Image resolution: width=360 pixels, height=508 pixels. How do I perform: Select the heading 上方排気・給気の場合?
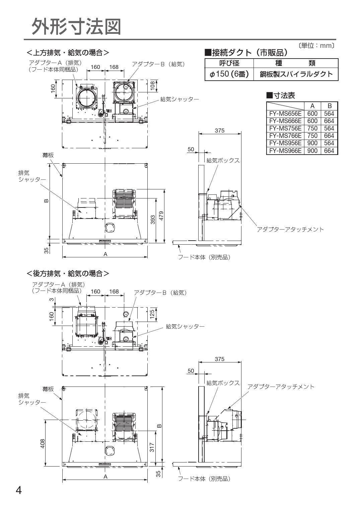click(x=68, y=53)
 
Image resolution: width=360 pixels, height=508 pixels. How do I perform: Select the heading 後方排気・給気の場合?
click(x=68, y=273)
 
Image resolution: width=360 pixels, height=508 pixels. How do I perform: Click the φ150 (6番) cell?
click(x=229, y=74)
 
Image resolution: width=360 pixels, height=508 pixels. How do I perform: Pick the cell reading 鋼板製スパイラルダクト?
click(x=296, y=74)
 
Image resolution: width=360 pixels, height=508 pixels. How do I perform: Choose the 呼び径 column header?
click(x=229, y=63)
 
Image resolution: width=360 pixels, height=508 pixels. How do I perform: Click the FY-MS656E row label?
click(x=285, y=114)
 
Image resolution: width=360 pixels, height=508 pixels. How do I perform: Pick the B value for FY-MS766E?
click(x=329, y=136)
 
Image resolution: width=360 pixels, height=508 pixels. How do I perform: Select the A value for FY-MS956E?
click(x=312, y=143)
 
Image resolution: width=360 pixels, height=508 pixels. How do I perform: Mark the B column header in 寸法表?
click(x=329, y=106)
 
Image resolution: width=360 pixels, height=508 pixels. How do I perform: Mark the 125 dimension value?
click(x=152, y=314)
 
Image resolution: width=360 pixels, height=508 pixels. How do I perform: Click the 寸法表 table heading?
click(x=281, y=96)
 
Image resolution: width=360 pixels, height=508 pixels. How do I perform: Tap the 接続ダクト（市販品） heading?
click(x=246, y=52)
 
